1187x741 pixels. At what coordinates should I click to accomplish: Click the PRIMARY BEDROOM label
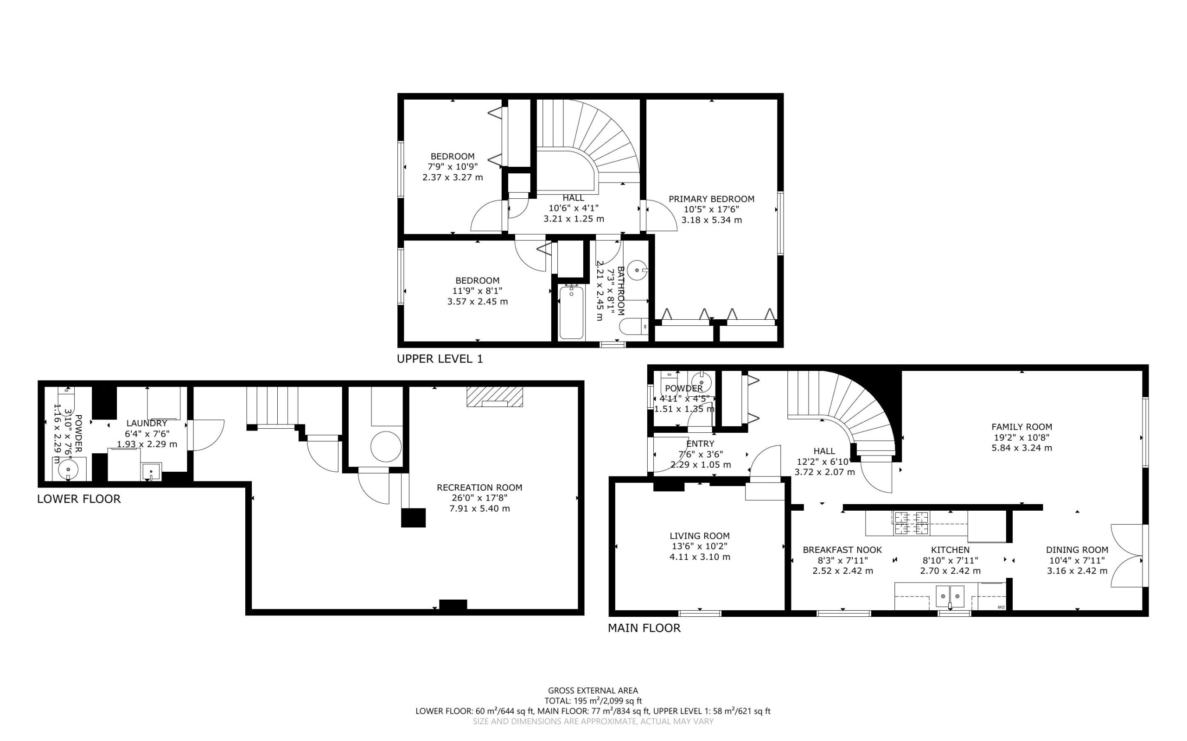click(x=711, y=199)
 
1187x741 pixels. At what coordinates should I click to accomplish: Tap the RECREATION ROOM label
click(x=479, y=488)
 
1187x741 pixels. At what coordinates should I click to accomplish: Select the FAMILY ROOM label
click(x=1021, y=427)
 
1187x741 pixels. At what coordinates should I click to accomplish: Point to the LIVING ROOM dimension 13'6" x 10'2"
click(x=699, y=546)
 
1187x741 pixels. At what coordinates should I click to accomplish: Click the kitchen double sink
click(x=950, y=596)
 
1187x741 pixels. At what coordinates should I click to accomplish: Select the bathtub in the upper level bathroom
click(x=571, y=312)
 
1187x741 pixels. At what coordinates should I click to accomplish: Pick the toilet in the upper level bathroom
click(x=634, y=326)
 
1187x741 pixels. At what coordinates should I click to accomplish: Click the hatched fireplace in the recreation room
click(x=495, y=397)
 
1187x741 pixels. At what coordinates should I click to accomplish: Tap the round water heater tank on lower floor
click(x=386, y=446)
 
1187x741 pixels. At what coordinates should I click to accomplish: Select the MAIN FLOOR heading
click(x=644, y=628)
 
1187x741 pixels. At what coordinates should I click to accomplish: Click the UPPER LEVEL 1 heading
click(x=440, y=359)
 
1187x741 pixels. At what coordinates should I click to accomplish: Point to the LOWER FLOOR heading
click(x=79, y=499)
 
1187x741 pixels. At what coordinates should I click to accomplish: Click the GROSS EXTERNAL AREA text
click(x=593, y=691)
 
